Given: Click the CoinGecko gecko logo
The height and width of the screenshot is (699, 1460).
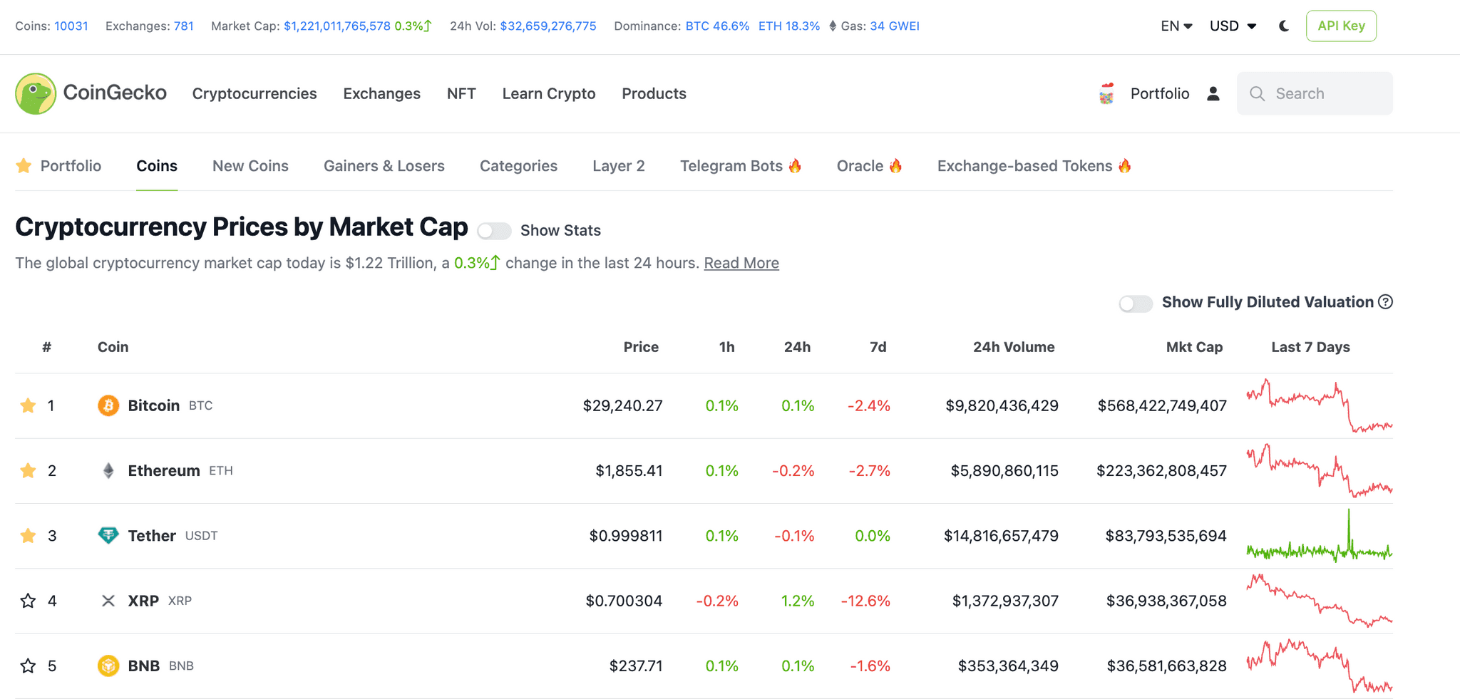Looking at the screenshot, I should pos(36,93).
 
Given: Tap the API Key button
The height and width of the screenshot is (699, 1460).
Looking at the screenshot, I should pos(1341,26).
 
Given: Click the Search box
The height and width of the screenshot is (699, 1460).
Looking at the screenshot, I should pos(1315,93).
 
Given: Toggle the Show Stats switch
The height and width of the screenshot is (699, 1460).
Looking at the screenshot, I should pos(494,231).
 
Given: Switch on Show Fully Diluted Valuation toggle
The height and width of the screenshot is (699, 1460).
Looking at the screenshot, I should pos(1136,304).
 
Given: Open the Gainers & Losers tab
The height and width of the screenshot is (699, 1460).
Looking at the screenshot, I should pos(384,166).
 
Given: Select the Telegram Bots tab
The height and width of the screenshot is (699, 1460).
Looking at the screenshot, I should pos(740,166).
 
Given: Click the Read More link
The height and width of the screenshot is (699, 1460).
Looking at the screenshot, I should pos(741,263).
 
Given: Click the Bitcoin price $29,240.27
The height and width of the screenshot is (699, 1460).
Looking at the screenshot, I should pos(622,406).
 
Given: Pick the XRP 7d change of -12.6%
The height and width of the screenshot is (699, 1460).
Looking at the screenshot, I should pos(865,601).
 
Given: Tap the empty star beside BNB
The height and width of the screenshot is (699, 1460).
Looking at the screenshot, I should pos(28,666).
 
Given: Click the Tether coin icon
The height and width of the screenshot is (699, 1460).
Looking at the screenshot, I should pos(108,535).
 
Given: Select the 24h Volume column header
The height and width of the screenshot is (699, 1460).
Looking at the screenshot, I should pos(1013,347).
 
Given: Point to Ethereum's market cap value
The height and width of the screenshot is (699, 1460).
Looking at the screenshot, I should pos(1161,471).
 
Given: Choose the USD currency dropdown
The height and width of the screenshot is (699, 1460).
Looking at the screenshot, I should pos(1233,26).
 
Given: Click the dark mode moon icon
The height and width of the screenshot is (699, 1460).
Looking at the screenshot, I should pos(1284,26).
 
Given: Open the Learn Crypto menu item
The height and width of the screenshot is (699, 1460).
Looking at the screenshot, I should pos(548,93).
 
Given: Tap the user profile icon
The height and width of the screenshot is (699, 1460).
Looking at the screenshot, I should pos(1213,93).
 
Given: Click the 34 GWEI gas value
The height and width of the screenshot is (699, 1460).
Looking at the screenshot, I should pos(894,26).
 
